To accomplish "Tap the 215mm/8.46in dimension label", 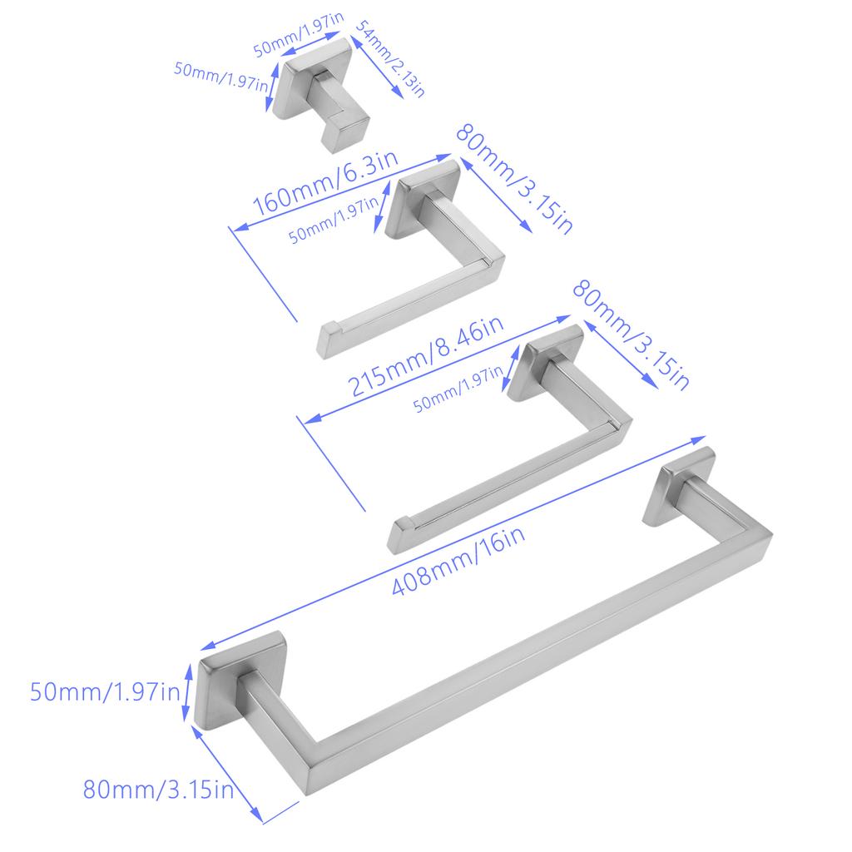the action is [425, 356].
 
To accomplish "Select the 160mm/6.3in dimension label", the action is [325, 182].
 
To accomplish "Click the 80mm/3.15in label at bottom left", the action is [158, 789].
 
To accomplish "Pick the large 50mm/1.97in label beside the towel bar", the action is [104, 691].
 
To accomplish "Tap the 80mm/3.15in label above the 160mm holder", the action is [513, 179].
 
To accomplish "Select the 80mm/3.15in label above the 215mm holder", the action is [631, 334].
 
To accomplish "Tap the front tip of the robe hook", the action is [348, 136].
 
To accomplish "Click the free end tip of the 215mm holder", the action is [401, 536].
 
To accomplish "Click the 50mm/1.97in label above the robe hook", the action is [298, 34].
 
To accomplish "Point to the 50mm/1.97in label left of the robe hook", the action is [220, 76].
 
